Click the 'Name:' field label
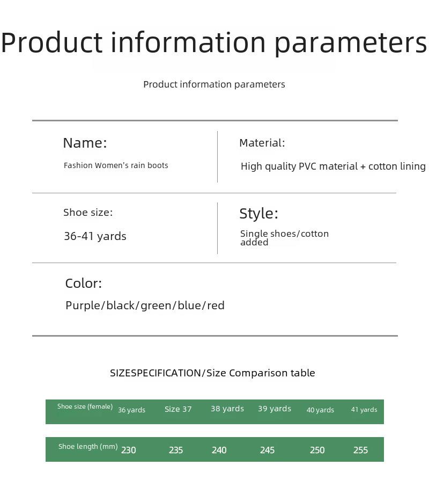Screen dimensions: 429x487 tap(85, 143)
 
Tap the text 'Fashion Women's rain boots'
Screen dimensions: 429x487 tap(116, 165)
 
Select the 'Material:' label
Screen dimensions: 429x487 tap(262, 143)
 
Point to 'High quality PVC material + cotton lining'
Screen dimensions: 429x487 tap(333, 166)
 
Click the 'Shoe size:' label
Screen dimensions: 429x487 tap(88, 213)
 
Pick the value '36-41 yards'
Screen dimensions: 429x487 tap(95, 236)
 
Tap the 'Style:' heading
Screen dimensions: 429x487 tap(258, 214)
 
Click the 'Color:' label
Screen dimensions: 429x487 tap(84, 284)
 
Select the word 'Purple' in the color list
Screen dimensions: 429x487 tap(83, 306)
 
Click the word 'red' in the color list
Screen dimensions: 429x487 tap(216, 306)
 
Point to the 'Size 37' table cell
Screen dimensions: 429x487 tap(178, 409)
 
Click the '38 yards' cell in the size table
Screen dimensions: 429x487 tap(227, 409)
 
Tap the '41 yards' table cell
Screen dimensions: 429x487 tap(364, 410)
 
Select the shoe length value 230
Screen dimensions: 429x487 tap(128, 450)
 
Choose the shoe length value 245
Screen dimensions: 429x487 tap(267, 450)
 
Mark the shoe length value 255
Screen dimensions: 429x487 tap(360, 450)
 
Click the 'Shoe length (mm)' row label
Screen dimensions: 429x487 tap(88, 447)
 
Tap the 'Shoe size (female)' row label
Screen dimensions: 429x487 tap(85, 406)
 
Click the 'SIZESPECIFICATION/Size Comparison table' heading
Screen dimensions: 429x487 tap(212, 373)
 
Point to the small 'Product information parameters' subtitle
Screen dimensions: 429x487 tap(214, 84)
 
